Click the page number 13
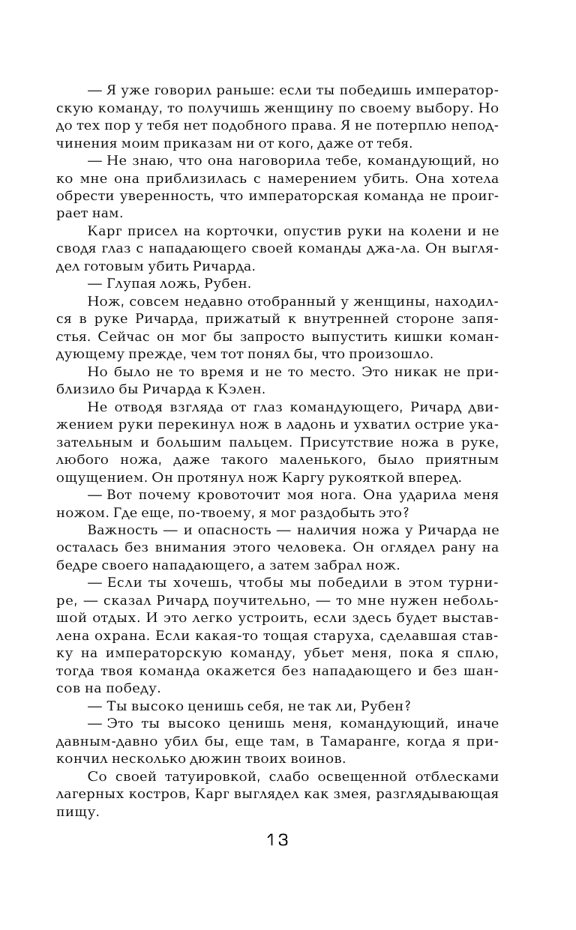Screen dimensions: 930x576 277,839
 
